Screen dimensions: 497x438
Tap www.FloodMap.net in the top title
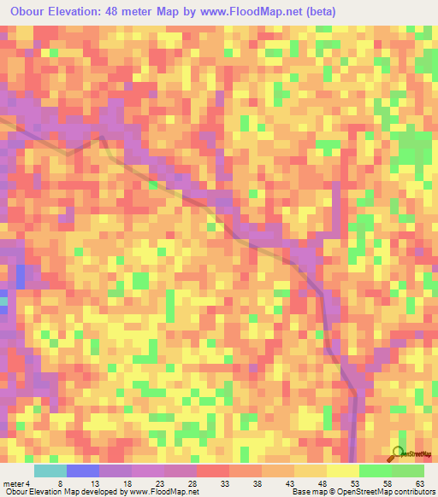pyautogui.click(x=257, y=12)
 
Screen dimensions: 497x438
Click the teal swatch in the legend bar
pyautogui.click(x=50, y=471)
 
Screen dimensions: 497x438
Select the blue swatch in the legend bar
pyautogui.click(x=83, y=471)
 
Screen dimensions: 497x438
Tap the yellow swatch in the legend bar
pyautogui.click(x=342, y=471)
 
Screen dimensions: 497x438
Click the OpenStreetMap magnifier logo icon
pyautogui.click(x=397, y=453)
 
